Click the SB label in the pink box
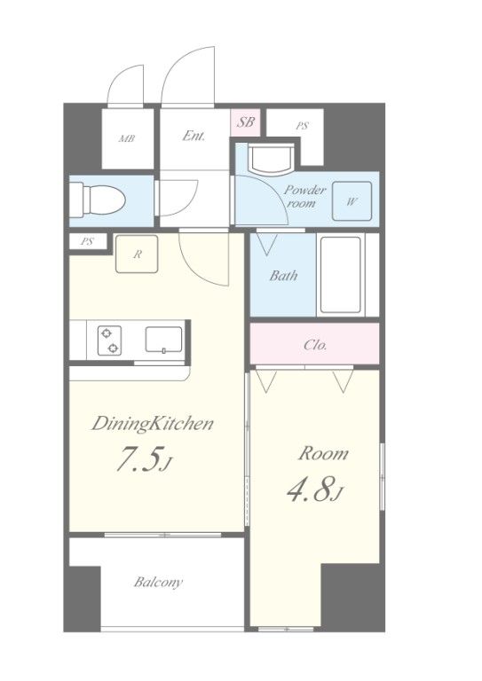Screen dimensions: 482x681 [245, 121]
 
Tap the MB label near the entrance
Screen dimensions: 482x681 [127, 139]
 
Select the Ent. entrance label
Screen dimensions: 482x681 [194, 136]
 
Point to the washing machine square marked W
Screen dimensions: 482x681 [352, 201]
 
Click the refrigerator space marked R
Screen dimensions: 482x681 [137, 254]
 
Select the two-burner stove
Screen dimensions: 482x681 [109, 340]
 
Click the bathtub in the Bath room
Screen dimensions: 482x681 [341, 275]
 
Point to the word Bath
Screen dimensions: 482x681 [283, 276]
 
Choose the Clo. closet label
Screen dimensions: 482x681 [315, 345]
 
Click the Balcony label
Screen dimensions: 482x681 [158, 582]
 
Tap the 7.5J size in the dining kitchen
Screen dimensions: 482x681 [145, 460]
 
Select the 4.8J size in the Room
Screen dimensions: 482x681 [315, 489]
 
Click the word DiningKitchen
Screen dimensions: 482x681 [152, 424]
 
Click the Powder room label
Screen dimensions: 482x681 [304, 196]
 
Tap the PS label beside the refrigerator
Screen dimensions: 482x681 [87, 242]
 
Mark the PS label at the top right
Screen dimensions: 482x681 [302, 126]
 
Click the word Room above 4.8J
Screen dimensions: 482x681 [323, 453]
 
